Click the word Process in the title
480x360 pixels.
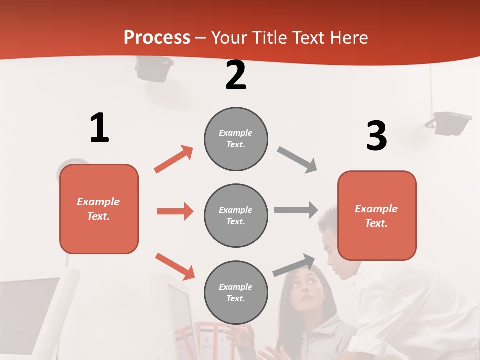[157, 38]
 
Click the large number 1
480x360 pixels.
[99, 128]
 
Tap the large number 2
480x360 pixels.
[236, 76]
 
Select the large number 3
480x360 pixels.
[376, 136]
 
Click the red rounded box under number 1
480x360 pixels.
[99, 209]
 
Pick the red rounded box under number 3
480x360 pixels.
[377, 215]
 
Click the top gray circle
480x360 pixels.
[236, 139]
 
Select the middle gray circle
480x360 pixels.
[236, 215]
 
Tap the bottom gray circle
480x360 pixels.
[236, 292]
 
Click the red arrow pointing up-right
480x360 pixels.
[173, 159]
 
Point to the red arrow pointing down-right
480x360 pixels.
[175, 266]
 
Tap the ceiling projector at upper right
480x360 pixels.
[448, 123]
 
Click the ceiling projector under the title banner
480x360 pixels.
[154, 68]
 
